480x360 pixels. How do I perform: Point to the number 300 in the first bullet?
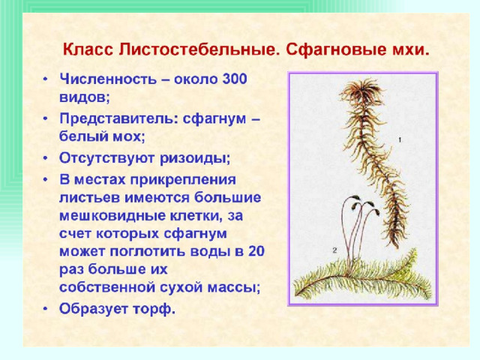[x=235, y=79]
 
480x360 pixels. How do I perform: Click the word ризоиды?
[x=195, y=158]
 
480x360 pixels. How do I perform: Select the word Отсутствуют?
[x=107, y=158]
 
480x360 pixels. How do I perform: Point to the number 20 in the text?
[x=256, y=251]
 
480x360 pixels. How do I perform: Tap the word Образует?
[x=93, y=308]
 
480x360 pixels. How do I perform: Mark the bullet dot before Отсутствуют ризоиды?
[x=45, y=158]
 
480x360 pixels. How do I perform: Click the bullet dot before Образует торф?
[x=45, y=309]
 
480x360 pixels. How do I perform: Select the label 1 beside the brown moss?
[x=400, y=140]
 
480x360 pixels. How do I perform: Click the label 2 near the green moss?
[x=334, y=250]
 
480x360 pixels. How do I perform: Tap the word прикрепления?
[x=183, y=180]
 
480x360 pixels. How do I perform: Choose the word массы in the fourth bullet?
[x=234, y=287]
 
